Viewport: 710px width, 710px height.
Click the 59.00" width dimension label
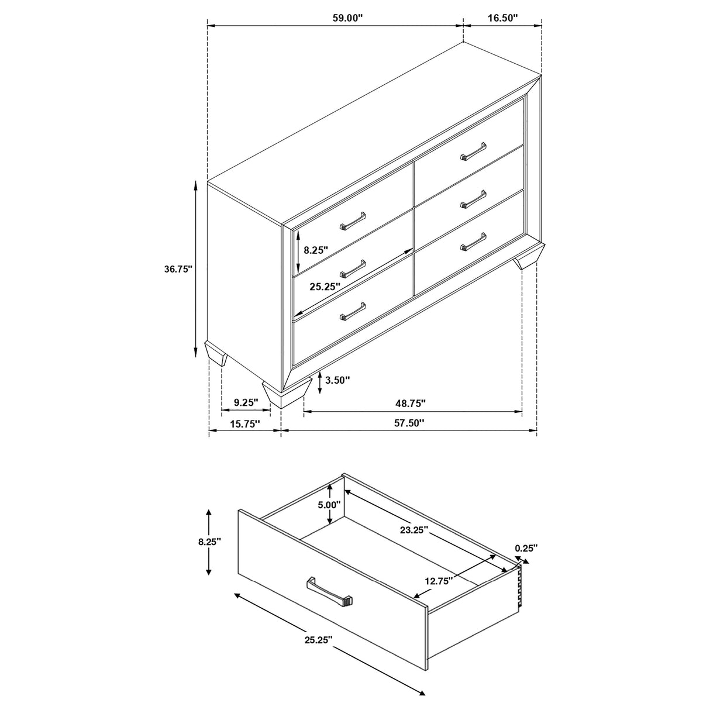(348, 18)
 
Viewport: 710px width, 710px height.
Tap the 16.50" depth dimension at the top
(503, 18)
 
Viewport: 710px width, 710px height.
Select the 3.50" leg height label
(337, 380)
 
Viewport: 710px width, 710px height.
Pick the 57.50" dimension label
(409, 423)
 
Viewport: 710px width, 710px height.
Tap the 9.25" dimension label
(246, 402)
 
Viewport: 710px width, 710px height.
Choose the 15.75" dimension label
(244, 425)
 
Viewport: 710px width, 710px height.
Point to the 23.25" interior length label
(414, 530)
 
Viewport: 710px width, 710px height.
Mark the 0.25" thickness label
(526, 548)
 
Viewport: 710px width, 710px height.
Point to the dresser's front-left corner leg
(287, 394)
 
